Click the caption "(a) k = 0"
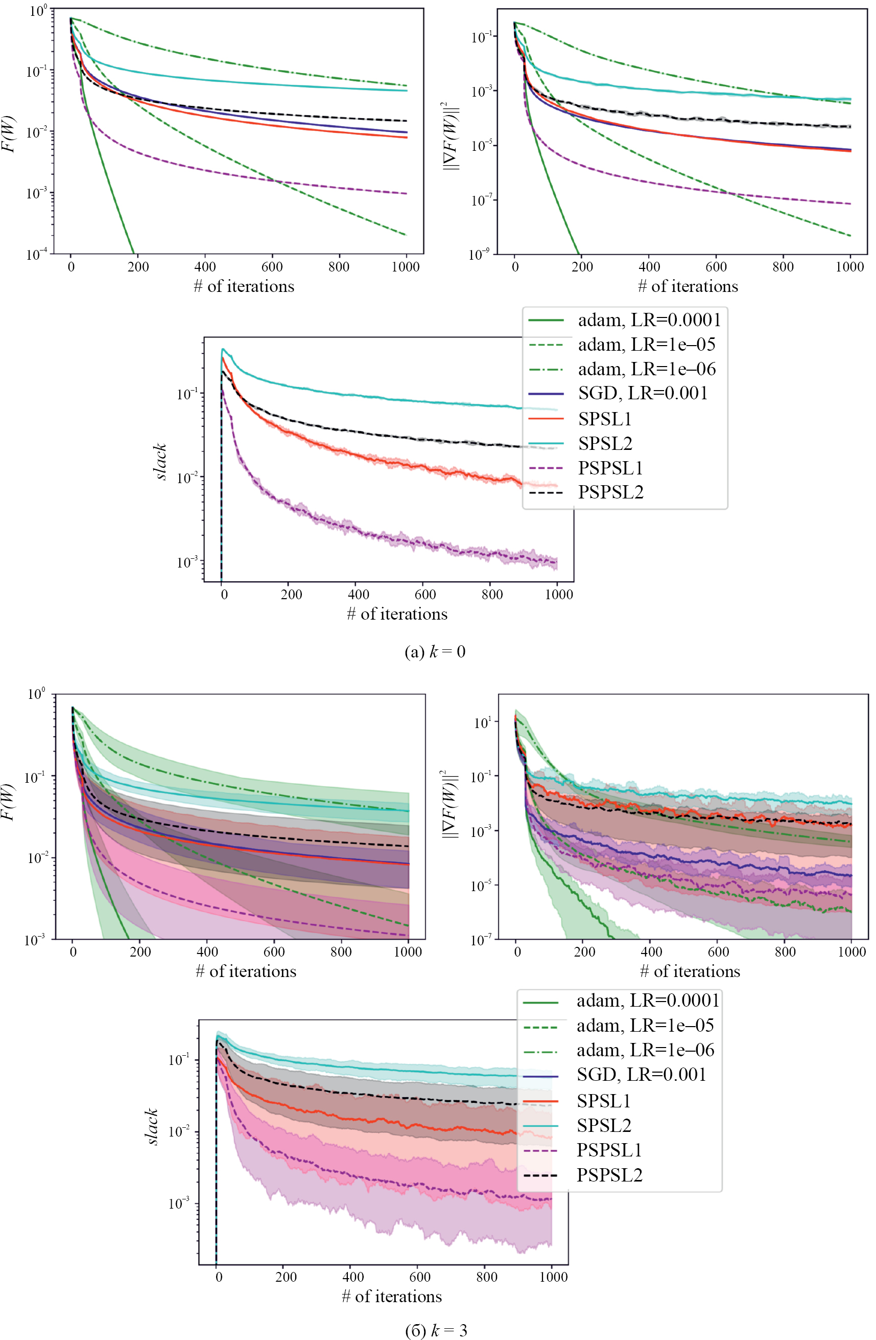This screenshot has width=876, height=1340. coord(435,651)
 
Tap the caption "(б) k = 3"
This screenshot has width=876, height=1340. coord(436,1330)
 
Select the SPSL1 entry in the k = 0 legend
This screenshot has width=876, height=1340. coord(605,418)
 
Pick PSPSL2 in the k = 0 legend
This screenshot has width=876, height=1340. coord(610,492)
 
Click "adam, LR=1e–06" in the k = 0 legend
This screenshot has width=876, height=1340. coord(647,369)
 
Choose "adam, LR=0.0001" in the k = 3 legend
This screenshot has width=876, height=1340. coord(648,1001)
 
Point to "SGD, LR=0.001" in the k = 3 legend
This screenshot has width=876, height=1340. coord(641,1074)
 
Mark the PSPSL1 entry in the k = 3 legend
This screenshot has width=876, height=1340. coord(609,1150)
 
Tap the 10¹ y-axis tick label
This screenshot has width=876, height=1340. coord(482,722)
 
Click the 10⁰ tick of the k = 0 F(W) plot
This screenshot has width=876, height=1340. coord(38,10)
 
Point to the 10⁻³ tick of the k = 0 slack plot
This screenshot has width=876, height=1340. coord(187,562)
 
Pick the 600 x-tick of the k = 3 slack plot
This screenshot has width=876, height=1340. coord(420,1277)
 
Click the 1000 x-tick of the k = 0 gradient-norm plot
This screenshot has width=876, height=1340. coord(849,267)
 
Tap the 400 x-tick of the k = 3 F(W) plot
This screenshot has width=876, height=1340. coord(207,951)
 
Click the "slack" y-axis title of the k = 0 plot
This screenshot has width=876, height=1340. coord(160,462)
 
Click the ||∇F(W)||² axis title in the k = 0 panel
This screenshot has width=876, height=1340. coord(451,135)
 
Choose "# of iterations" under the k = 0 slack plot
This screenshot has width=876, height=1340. coord(397,614)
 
